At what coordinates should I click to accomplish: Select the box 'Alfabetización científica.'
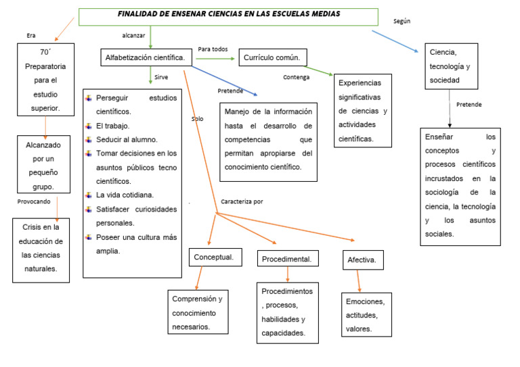[145, 58]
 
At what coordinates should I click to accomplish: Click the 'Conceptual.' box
[214, 258]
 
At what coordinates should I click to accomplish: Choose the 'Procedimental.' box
[287, 259]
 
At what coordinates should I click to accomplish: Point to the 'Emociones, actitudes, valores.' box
[366, 314]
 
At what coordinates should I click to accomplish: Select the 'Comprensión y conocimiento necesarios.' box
[197, 312]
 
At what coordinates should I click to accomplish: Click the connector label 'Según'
[402, 22]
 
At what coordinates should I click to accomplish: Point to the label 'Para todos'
[213, 49]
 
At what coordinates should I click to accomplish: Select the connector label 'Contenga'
[296, 77]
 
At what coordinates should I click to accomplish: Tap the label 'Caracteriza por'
[242, 201]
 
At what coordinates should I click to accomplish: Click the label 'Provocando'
[34, 201]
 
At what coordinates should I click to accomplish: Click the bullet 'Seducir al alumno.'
[127, 139]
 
